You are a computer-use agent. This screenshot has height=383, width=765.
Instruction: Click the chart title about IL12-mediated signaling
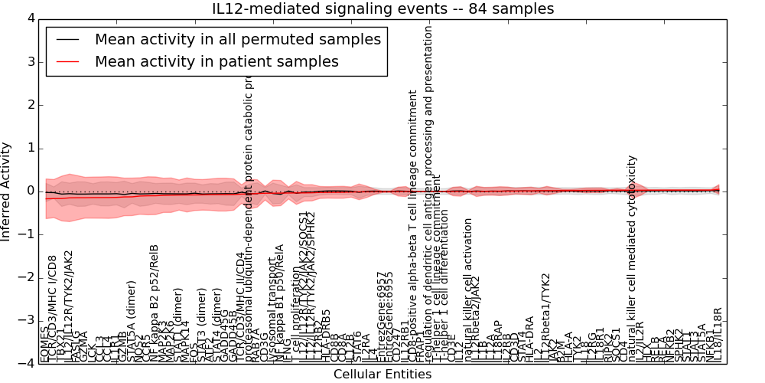(382, 8)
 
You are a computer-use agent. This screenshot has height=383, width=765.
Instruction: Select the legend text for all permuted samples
(238, 39)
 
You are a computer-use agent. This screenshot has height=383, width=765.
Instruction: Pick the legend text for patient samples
(216, 61)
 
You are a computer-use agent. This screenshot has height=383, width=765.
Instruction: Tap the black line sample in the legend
(67, 39)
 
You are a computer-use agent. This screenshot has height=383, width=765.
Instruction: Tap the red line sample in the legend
(67, 61)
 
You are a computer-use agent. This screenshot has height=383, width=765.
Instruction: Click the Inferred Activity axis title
(7, 191)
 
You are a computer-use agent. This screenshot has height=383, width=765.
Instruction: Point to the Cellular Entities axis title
(382, 374)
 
